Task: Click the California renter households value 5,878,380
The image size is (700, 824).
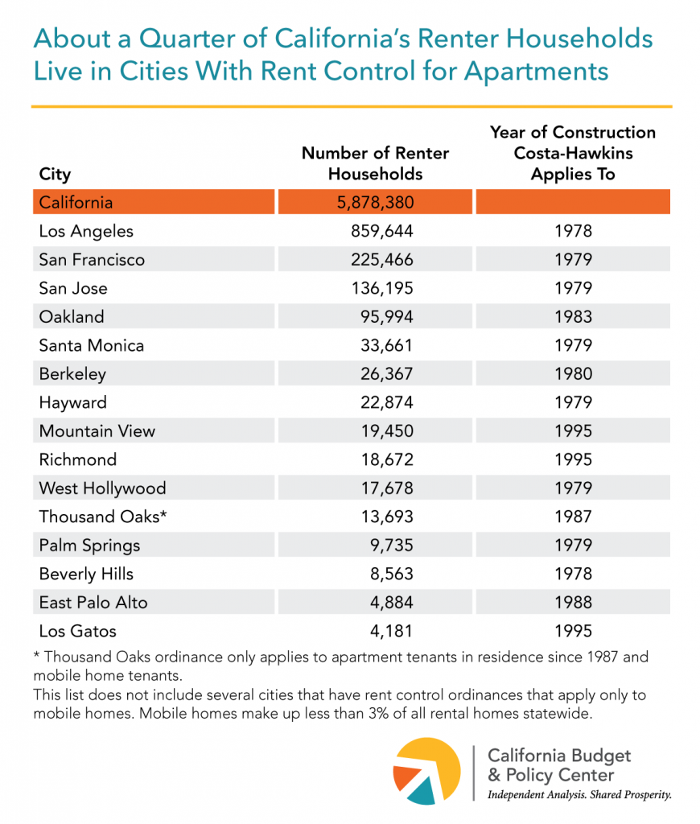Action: (374, 202)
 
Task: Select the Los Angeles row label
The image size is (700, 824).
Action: (86, 231)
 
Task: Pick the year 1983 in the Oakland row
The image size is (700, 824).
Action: (573, 317)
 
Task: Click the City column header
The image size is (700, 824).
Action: (55, 174)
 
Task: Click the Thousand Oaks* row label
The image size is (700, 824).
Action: (103, 517)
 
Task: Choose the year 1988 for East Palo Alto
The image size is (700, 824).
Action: (573, 603)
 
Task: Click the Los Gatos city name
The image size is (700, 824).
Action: (78, 631)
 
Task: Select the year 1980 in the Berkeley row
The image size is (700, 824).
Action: (573, 374)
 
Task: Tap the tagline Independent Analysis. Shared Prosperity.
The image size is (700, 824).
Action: (579, 795)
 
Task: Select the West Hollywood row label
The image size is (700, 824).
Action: (102, 488)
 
